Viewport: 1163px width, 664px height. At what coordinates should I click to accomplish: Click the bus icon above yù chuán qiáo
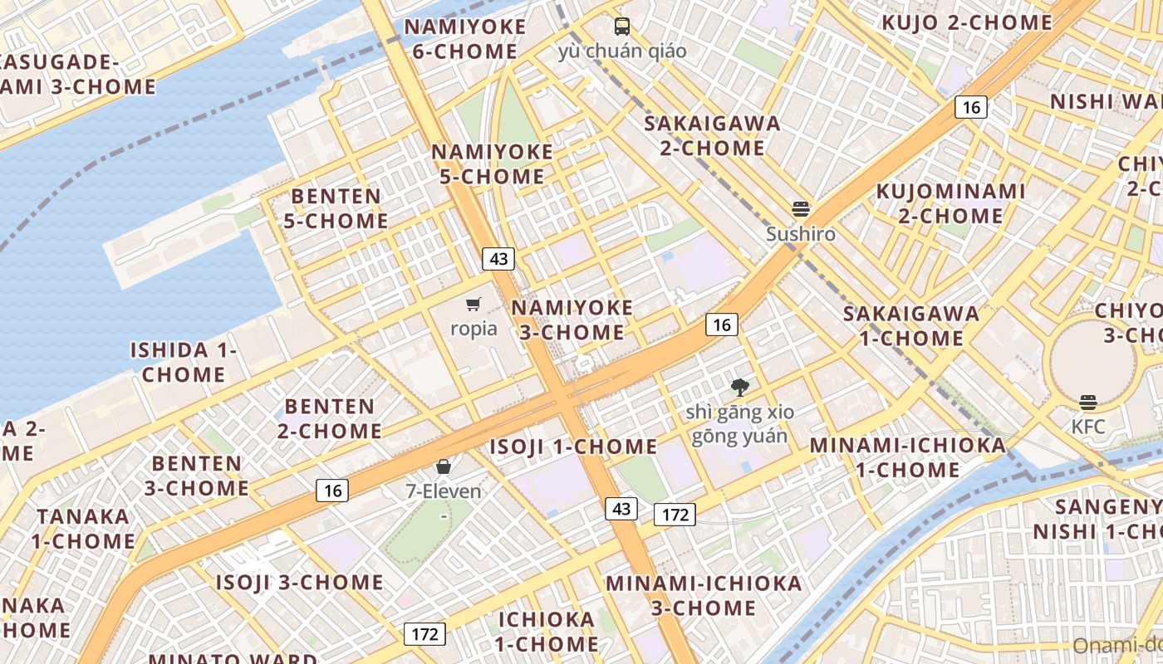tap(622, 27)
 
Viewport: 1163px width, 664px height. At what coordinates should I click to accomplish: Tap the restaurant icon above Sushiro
tap(801, 208)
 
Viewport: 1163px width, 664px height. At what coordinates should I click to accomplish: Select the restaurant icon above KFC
tap(1088, 403)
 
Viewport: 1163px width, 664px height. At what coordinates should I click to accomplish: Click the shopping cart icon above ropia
tap(474, 304)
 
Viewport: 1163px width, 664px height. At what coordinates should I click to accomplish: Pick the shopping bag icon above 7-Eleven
tap(444, 466)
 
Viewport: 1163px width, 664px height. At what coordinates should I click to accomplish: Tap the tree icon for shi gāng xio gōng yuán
tap(739, 387)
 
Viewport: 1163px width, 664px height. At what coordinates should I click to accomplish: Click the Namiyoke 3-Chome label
tap(572, 320)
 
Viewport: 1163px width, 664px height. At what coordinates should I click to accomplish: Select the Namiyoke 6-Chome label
tap(465, 39)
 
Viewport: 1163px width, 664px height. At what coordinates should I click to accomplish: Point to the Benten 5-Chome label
tap(336, 208)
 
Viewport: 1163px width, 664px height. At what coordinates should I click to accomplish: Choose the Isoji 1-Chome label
tap(573, 447)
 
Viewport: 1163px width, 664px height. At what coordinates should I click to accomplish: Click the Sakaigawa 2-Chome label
tap(713, 136)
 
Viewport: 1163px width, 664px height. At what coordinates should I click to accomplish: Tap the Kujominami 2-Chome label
tap(951, 203)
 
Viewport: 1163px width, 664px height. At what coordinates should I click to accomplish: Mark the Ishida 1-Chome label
tap(184, 362)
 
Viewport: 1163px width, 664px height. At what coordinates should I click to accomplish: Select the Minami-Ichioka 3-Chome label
tap(704, 595)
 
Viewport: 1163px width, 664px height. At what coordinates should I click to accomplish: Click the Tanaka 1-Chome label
tap(83, 529)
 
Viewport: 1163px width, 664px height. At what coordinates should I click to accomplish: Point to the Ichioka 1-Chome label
tap(547, 631)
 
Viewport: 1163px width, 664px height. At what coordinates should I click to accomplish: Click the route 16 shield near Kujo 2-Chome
tap(970, 107)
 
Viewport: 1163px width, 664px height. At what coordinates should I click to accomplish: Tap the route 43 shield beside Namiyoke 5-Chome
tap(498, 259)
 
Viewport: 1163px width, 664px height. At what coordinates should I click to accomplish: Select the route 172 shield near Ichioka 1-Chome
tap(424, 634)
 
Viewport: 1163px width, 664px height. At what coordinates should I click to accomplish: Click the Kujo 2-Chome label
tap(966, 22)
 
